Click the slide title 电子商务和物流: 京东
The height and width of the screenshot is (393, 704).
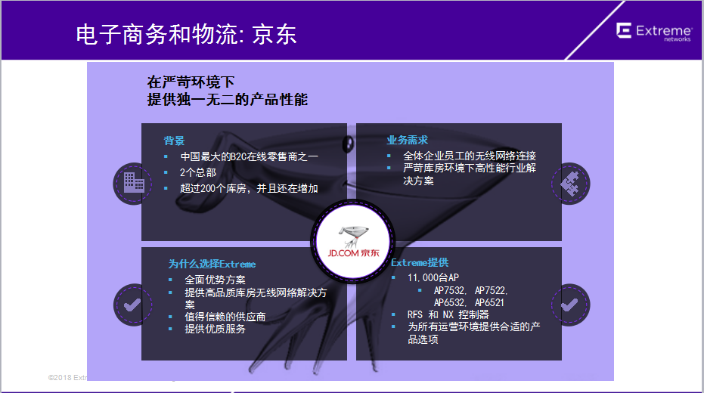click(186, 35)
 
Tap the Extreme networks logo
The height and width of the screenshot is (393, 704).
click(653, 32)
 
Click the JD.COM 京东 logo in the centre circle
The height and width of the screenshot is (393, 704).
click(353, 243)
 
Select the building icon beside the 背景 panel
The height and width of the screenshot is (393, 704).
click(134, 183)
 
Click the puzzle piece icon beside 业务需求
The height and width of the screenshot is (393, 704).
click(570, 184)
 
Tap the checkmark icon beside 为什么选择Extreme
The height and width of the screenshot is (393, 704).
click(133, 305)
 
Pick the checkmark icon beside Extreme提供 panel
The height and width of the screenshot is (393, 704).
click(570, 305)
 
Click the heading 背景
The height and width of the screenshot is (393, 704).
click(174, 141)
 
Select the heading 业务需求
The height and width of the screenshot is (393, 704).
click(408, 140)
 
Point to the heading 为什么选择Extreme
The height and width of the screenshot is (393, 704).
click(212, 264)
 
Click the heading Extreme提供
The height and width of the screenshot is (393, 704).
click(420, 262)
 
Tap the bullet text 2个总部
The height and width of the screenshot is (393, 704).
click(198, 172)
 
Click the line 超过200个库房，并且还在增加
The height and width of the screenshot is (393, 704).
click(250, 188)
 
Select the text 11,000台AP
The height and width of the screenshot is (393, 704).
click(433, 277)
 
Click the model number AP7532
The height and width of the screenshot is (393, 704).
click(451, 290)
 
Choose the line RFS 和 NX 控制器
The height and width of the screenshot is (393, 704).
click(448, 314)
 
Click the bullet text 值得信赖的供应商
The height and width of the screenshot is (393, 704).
click(225, 317)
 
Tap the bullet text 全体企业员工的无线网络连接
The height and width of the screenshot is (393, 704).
click(470, 156)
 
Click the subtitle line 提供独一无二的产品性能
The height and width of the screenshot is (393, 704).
click(227, 99)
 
